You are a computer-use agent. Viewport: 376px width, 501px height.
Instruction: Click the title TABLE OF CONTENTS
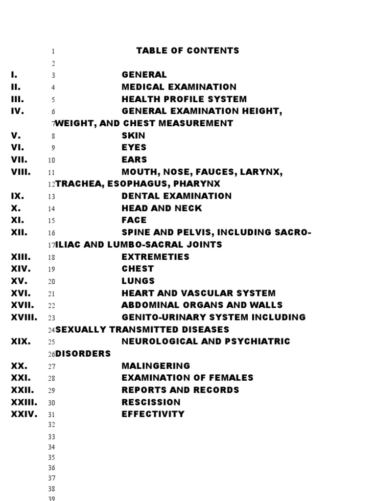[188, 50]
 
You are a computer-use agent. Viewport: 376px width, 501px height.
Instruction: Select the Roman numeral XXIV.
[24, 414]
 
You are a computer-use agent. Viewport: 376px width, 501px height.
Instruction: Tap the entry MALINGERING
[156, 365]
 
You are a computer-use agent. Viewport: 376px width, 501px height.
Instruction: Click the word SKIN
[133, 136]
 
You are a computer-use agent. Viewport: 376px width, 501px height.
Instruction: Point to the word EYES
[134, 147]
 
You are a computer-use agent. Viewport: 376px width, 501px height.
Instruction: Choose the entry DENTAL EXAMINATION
[176, 196]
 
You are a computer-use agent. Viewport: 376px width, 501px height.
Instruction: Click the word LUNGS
[138, 281]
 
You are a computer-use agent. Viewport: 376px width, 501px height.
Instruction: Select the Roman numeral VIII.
[21, 172]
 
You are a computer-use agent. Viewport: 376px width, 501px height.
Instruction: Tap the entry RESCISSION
[151, 402]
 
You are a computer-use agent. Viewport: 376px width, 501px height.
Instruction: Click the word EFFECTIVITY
[153, 414]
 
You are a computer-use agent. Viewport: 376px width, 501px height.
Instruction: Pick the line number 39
[51, 498]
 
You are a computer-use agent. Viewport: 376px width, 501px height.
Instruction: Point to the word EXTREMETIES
[155, 256]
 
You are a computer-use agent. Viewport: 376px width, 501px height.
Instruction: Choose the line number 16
[51, 233]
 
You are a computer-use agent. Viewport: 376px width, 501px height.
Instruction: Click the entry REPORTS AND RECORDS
[180, 390]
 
